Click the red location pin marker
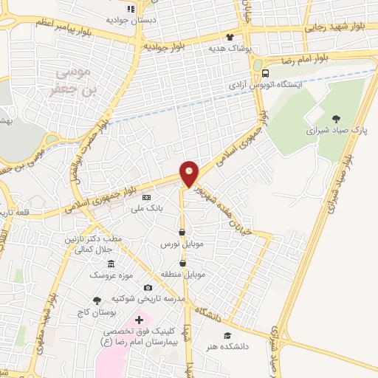pyautogui.click(x=190, y=173)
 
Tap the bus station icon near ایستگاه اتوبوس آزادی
pyautogui.click(x=265, y=73)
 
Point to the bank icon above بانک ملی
pyautogui.click(x=146, y=198)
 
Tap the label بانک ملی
pyautogui.click(x=146, y=209)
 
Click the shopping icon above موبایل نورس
pyautogui.click(x=182, y=233)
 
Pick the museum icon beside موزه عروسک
pyautogui.click(x=111, y=264)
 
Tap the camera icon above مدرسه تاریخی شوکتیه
pyautogui.click(x=148, y=287)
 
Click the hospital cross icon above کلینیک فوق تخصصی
pyautogui.click(x=139, y=320)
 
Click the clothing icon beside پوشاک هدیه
pyautogui.click(x=230, y=37)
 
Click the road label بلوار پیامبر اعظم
pyautogui.click(x=68, y=24)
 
